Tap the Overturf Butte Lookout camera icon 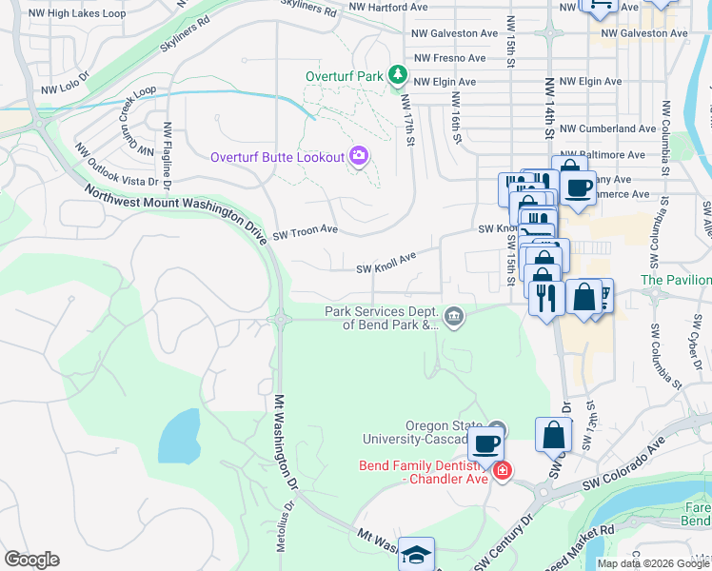359,156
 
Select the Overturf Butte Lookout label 277,157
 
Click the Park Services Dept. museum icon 455,317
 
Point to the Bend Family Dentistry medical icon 503,470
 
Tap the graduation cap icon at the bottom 416,554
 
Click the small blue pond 179,436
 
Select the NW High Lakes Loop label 77,13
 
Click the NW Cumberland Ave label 607,128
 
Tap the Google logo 31,560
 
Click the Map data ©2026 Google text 652,563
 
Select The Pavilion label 675,280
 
